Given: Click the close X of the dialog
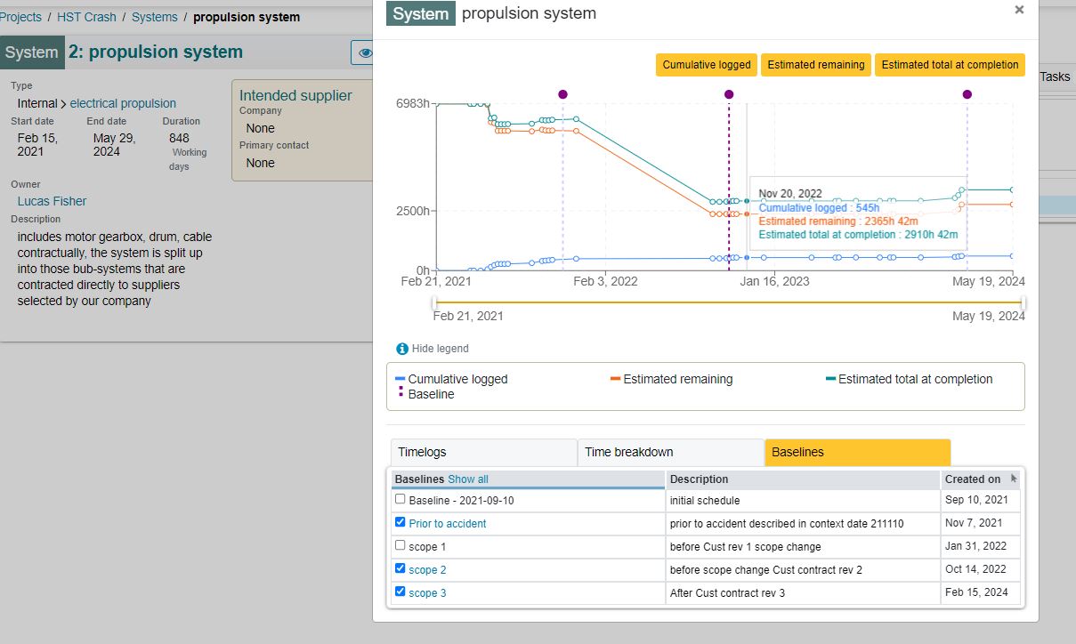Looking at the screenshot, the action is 1019,10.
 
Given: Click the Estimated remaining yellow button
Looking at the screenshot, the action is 815,65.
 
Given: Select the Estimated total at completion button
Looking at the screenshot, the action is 950,65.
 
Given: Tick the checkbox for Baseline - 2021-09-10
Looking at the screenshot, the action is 400,499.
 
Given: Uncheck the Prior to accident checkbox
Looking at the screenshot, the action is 400,522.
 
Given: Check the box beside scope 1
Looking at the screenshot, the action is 400,545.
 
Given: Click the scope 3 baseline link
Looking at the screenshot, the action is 427,592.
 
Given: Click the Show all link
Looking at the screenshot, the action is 468,479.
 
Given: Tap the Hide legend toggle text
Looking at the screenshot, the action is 440,348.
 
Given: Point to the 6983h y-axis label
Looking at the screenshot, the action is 413,103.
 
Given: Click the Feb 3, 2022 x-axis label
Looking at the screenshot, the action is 605,281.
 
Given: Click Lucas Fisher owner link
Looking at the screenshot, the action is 52,201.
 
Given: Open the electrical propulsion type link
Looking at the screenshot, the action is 123,103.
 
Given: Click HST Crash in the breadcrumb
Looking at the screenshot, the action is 86,17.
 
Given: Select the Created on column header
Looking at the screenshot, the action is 973,479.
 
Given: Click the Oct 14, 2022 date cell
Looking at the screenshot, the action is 975,569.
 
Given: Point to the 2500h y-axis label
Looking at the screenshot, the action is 413,211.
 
